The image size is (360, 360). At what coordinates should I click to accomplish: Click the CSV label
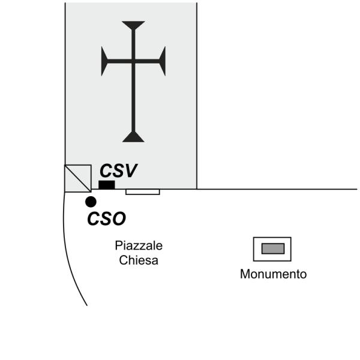point(118,171)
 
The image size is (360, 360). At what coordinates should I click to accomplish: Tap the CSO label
point(106,219)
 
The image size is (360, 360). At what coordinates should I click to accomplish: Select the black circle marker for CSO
point(91,202)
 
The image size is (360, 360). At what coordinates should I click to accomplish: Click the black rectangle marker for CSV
point(107,185)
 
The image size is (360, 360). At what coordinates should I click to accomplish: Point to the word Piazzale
point(139,246)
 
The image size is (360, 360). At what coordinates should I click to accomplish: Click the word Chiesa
point(139,260)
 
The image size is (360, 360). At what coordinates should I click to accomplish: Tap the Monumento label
point(273,274)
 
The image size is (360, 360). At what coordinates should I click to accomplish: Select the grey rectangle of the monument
point(272,248)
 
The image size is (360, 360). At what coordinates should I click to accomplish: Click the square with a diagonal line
point(78,178)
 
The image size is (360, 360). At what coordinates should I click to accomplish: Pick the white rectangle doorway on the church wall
point(142,192)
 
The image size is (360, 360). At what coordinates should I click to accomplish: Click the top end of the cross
point(133,24)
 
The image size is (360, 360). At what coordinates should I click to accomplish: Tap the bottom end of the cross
point(133,139)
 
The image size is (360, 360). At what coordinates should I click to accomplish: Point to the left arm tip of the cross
point(104,61)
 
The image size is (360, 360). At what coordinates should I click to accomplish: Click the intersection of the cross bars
point(133,61)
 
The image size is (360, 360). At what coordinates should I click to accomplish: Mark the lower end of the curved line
point(87,305)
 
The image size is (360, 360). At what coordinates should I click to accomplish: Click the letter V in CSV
point(130,171)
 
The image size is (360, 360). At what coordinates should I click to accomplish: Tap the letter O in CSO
point(118,219)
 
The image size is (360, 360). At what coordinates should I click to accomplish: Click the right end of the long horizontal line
point(356,190)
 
